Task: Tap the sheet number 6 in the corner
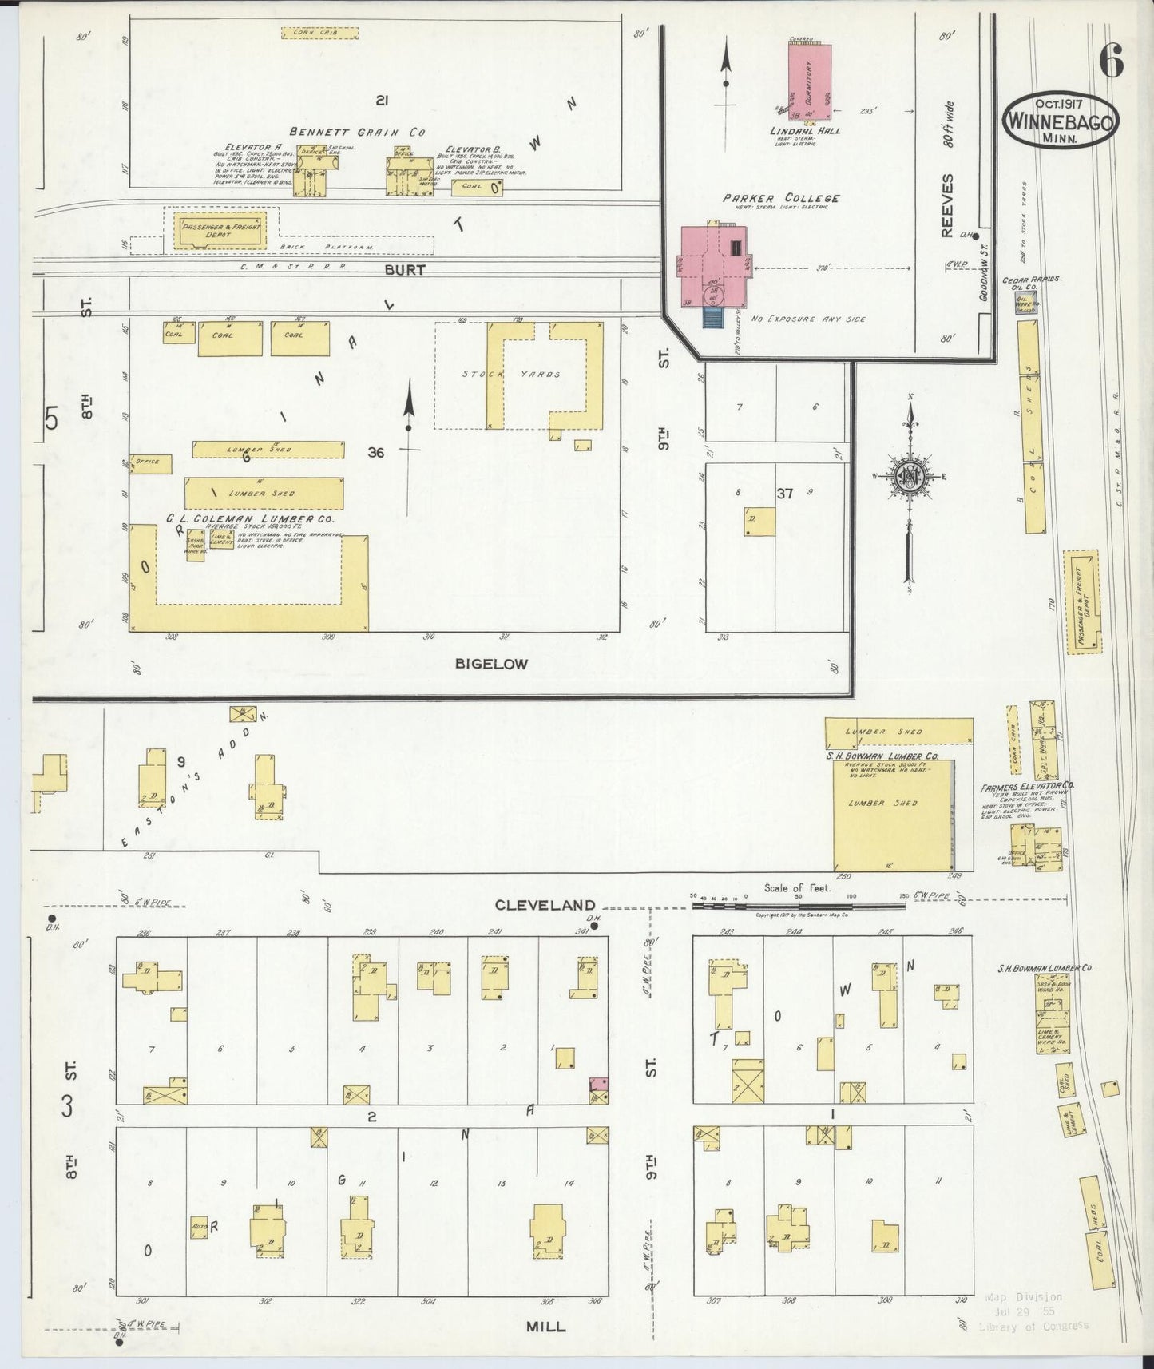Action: coord(1111,58)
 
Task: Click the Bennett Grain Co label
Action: coord(357,132)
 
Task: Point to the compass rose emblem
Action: coord(910,477)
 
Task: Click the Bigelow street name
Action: coord(491,663)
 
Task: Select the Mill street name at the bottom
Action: coord(546,1326)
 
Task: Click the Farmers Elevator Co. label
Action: coord(1027,787)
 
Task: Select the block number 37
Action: coord(785,494)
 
